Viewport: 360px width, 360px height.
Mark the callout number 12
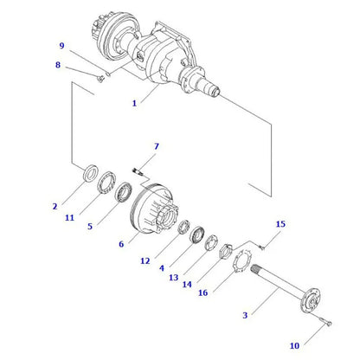[145, 260]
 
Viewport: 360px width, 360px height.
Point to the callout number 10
[294, 345]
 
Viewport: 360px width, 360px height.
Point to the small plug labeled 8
[103, 74]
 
